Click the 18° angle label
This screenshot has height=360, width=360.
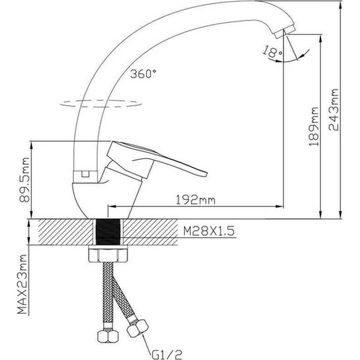[271, 53]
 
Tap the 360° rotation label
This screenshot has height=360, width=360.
[143, 74]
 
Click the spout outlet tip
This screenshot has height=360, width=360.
[288, 31]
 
